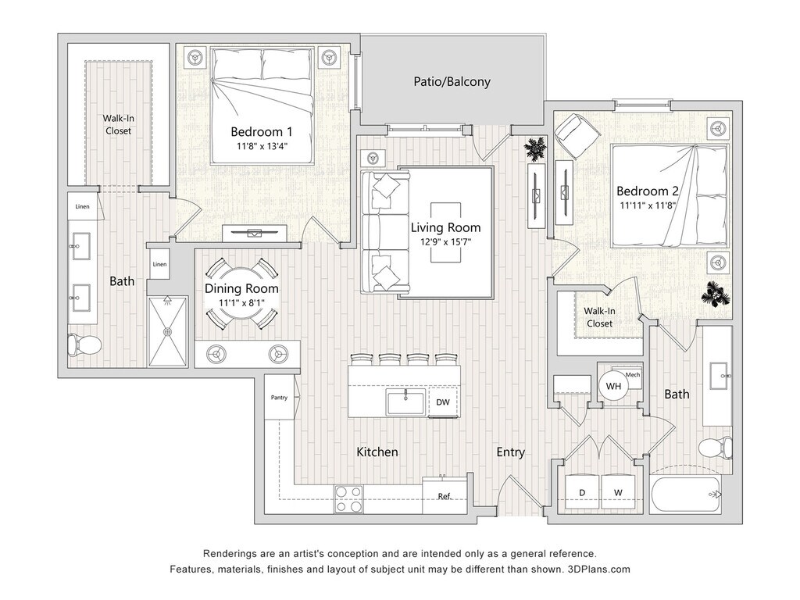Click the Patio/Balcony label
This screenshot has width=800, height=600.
point(452,81)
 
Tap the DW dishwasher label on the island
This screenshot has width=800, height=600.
point(442,402)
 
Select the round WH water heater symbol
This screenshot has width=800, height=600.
point(613,385)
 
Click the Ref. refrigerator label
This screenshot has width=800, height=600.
point(445,496)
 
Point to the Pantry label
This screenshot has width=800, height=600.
point(279,398)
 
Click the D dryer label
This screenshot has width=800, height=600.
point(581,492)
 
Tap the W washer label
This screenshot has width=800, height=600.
point(618,492)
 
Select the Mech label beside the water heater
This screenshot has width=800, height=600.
point(633,375)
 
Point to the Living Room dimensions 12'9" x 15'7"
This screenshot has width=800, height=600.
point(445,241)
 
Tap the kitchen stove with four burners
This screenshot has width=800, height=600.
point(348,498)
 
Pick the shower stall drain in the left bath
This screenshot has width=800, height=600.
point(166,331)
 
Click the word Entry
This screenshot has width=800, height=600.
point(510,452)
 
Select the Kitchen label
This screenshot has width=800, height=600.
point(377,452)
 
